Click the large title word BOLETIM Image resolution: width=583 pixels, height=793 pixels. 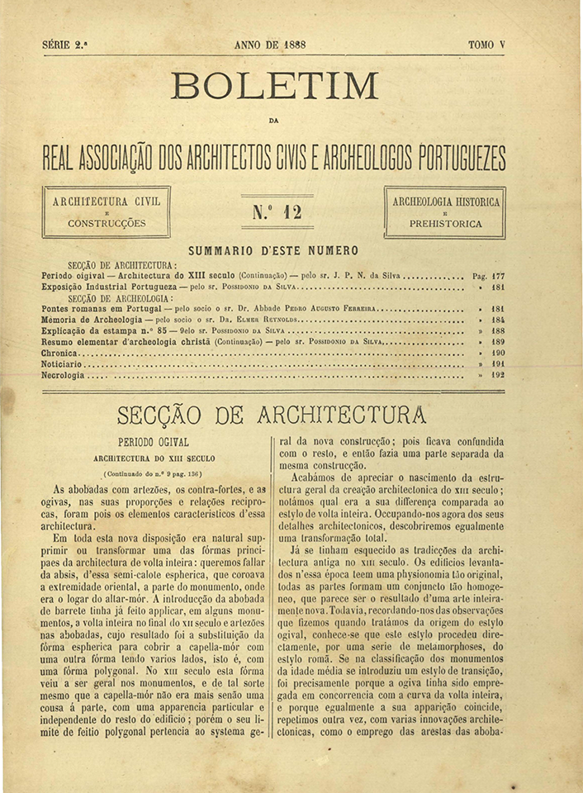274,87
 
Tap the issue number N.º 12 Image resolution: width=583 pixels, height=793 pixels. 277,212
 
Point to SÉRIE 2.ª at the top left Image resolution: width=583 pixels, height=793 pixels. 64,45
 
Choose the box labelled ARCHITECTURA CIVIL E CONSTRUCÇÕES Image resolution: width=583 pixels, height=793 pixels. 107,212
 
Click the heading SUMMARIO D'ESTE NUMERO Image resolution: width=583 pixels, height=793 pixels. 273,251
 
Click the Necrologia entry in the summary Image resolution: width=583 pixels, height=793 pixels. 63,375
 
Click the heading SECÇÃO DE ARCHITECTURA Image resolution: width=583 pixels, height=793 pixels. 272,413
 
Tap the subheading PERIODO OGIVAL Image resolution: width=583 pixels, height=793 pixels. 154,442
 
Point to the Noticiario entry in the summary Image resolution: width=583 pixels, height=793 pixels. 64,363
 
